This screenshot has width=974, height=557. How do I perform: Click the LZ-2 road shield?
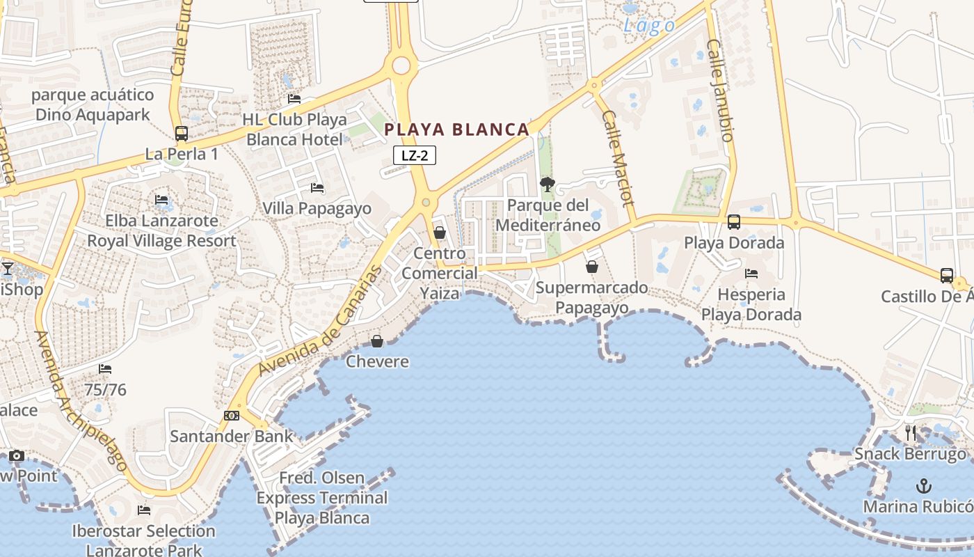415,155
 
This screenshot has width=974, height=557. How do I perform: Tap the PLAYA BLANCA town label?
457,130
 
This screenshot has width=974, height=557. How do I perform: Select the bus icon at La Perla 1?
182,134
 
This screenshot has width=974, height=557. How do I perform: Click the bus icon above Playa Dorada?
734,222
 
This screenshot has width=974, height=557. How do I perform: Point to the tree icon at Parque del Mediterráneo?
548,185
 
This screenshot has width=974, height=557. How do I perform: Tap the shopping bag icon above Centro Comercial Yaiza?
440,233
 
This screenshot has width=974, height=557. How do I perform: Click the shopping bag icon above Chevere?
377,341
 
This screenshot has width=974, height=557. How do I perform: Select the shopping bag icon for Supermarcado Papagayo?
592,267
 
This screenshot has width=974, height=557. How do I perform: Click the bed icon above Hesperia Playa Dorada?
751,274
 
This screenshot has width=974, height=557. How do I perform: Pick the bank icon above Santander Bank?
232,416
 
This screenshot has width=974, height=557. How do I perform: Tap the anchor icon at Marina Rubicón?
924,485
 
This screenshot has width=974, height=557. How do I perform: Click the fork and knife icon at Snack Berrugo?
911,432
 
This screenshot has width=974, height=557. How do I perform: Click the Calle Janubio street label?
720,91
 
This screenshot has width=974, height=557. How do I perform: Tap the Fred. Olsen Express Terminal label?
322,498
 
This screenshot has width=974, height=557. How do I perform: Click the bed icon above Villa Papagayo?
317,188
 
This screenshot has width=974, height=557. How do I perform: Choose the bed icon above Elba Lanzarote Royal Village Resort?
161,200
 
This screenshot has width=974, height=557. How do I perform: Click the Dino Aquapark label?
93,104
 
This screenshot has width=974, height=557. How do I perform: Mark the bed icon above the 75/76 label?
105,369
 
